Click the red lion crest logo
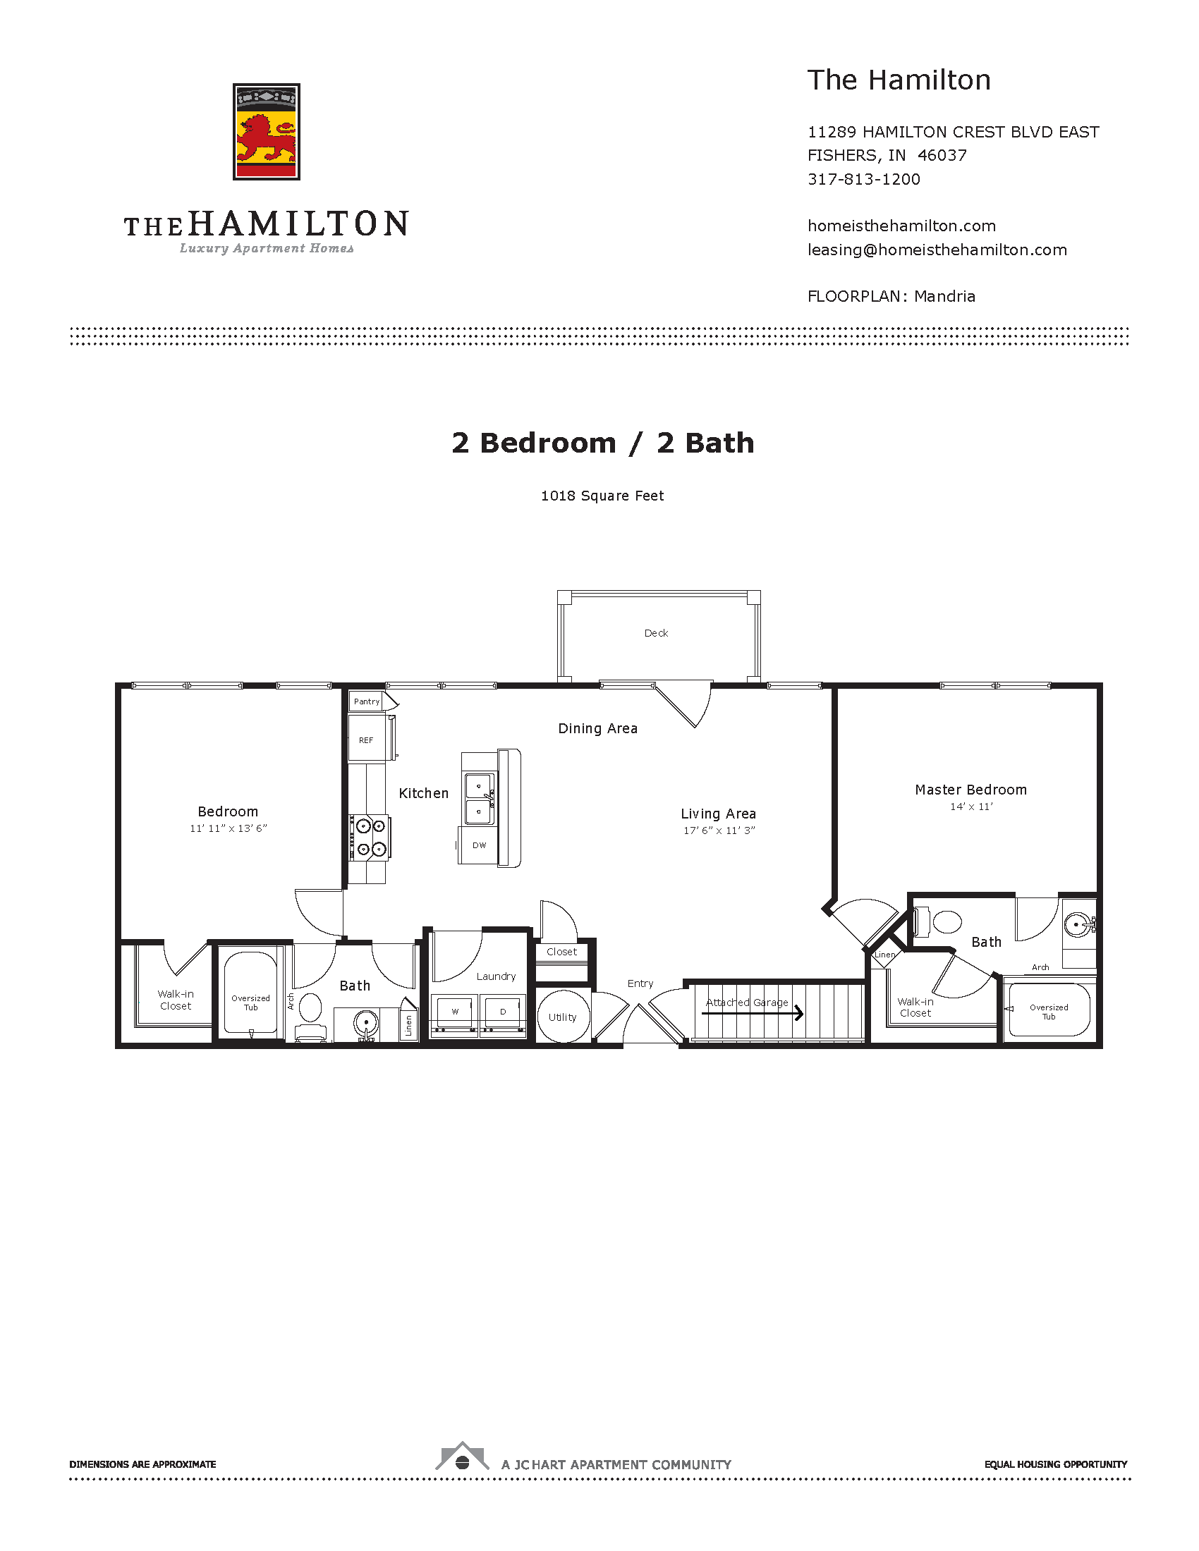(x=267, y=131)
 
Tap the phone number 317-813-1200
(x=864, y=179)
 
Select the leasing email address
(x=937, y=250)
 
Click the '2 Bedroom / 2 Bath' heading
(x=602, y=443)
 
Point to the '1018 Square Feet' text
(x=602, y=496)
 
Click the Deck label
(x=657, y=633)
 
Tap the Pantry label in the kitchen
(x=367, y=701)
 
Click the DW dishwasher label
(x=480, y=845)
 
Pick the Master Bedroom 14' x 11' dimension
(x=971, y=807)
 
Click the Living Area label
(x=718, y=814)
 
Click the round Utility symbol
(x=563, y=1017)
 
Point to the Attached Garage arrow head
(x=800, y=1013)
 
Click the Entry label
(x=640, y=983)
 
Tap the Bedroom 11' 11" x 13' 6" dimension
(x=228, y=828)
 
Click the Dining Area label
(x=597, y=729)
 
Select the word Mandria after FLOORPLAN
(x=944, y=297)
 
